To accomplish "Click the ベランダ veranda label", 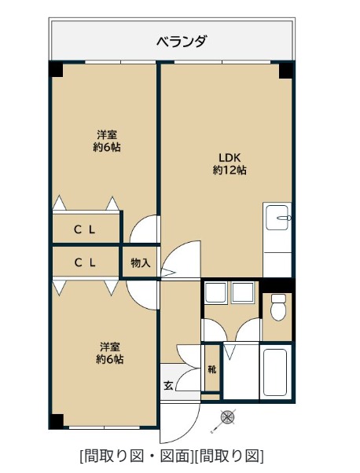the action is [182, 42].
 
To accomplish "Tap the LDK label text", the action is [230, 157].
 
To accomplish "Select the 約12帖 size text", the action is [230, 170].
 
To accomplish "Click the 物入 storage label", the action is [141, 263].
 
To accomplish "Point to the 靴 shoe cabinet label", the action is [212, 369].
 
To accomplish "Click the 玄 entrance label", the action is [168, 385].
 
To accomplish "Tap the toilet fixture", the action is [278, 307].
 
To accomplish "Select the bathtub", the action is [275, 372].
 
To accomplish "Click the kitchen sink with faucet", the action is [277, 217].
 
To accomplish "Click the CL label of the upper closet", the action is [85, 230].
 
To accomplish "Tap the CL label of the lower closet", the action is [85, 262].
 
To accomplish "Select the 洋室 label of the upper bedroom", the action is [107, 134].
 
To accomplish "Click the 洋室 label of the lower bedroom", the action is [110, 347].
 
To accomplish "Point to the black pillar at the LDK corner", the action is [285, 70].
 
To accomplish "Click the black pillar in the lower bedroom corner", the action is [56, 421].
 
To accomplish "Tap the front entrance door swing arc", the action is [187, 432].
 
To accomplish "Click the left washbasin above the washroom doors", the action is [215, 292].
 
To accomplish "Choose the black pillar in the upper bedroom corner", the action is [56, 69].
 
